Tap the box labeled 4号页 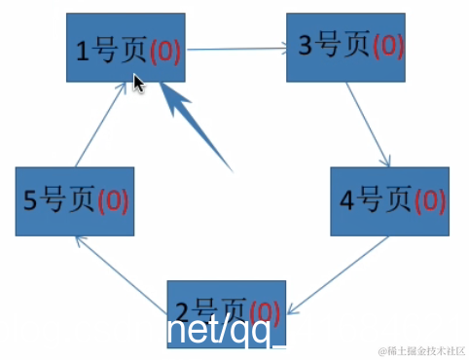coord(390,201)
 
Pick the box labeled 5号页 coord(75,201)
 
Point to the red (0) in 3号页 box coord(386,46)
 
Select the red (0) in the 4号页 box coord(429,201)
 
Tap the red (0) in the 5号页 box coord(113,201)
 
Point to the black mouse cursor coord(139,84)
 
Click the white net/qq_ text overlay coord(227,332)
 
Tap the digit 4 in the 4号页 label coord(348,201)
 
